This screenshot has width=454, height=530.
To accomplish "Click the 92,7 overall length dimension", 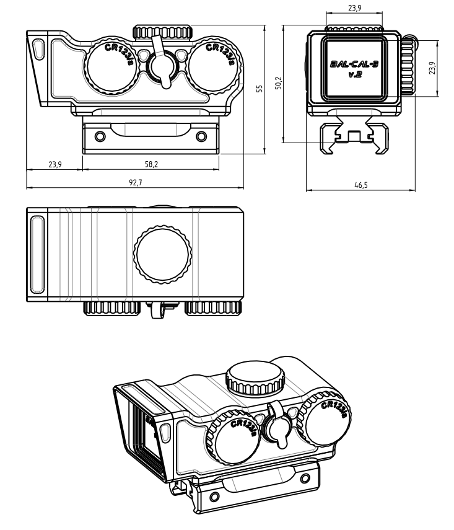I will (x=134, y=183).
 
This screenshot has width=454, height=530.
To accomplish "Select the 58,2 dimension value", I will (x=151, y=164).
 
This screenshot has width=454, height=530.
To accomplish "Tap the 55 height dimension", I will (x=260, y=89).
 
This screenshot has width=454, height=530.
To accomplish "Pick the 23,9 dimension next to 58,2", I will (x=55, y=164).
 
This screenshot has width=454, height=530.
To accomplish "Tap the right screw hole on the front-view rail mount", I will (x=199, y=136).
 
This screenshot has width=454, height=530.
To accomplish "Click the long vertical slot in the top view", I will (x=36, y=254).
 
